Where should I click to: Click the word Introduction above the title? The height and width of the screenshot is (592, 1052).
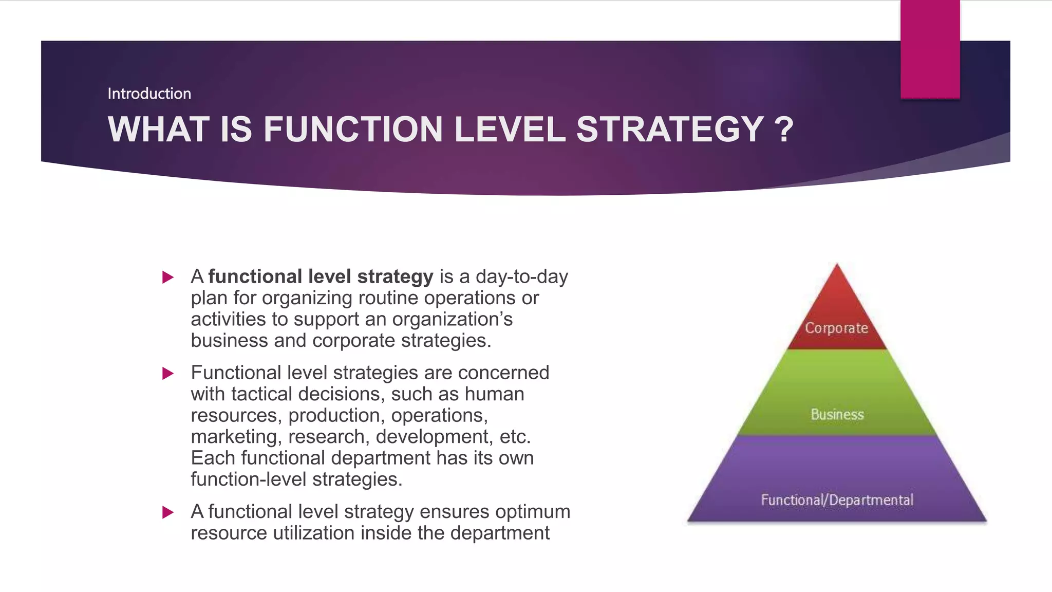[x=149, y=94]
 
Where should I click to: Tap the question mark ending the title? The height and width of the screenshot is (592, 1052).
[x=784, y=129]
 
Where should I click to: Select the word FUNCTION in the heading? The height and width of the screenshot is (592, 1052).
[x=353, y=129]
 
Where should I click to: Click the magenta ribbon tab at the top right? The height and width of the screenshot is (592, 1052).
[x=930, y=49]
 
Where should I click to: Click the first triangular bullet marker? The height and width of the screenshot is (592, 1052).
[x=167, y=277]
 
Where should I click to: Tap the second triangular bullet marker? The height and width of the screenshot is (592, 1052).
[x=167, y=374]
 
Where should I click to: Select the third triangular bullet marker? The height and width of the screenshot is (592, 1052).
[x=167, y=512]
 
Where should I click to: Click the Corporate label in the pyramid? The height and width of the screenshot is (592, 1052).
[x=836, y=328]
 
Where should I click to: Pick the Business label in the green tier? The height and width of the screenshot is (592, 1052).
[x=837, y=414]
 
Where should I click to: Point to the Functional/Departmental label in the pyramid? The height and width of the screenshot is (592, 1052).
[x=837, y=500]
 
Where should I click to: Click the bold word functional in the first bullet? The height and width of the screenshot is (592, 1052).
[x=255, y=276]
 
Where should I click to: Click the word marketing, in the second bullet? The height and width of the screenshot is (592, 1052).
[x=236, y=437]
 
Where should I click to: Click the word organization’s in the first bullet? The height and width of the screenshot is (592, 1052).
[x=452, y=319]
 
